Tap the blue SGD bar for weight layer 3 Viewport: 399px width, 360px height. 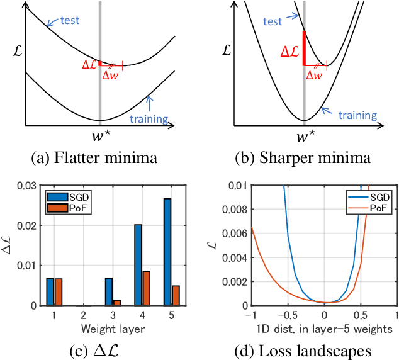pos(109,291)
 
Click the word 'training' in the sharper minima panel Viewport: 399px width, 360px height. pos(357,115)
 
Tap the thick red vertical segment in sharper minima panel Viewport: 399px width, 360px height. pos(304,48)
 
